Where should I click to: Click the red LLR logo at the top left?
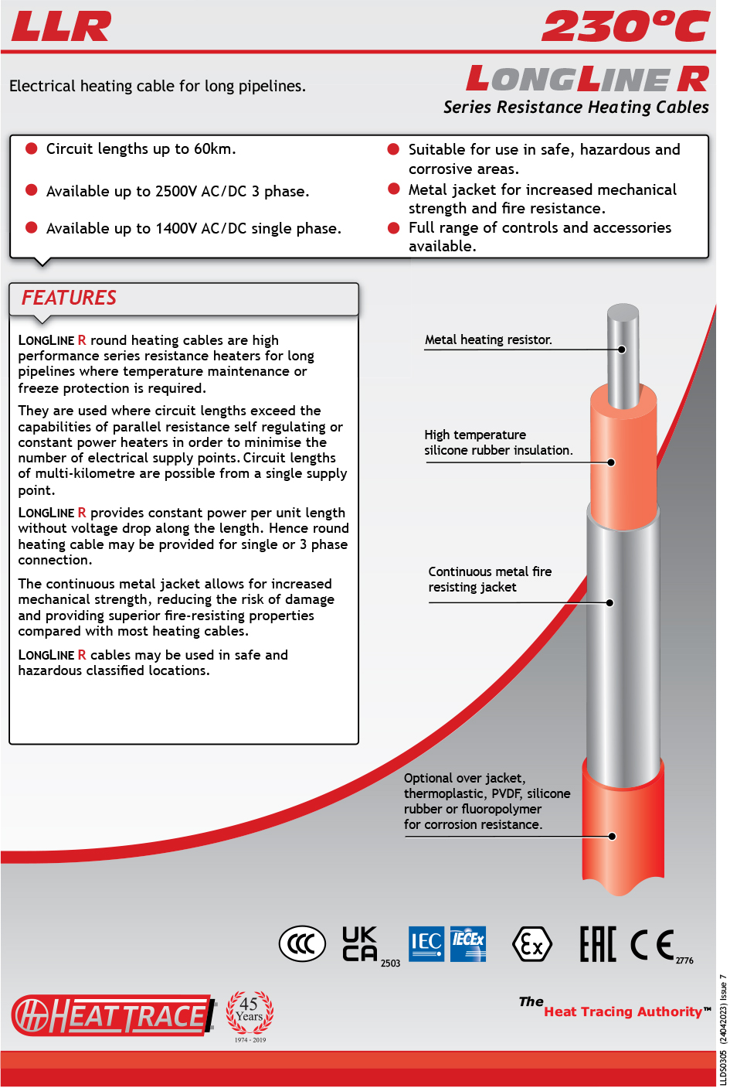coord(61,27)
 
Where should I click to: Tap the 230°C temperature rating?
coord(626,27)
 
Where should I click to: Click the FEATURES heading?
coord(69,298)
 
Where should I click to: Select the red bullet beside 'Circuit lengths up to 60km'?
coord(32,148)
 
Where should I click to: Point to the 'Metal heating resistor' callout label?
coord(488,339)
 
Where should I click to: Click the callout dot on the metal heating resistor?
coord(622,350)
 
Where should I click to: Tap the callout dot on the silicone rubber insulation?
coord(611,462)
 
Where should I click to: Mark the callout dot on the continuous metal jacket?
coord(609,602)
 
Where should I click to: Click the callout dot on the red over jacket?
coord(612,836)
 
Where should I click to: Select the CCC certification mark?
coord(302,944)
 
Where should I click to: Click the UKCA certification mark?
coord(360,943)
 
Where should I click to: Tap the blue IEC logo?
coord(426,943)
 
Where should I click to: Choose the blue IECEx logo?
coord(468,943)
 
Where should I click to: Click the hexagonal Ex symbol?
coord(532,944)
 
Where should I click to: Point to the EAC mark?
coord(598,944)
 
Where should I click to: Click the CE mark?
coord(652,944)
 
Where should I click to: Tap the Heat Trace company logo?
coord(113,1015)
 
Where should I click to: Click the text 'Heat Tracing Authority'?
coord(623,1011)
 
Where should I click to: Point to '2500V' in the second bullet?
coord(175,191)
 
